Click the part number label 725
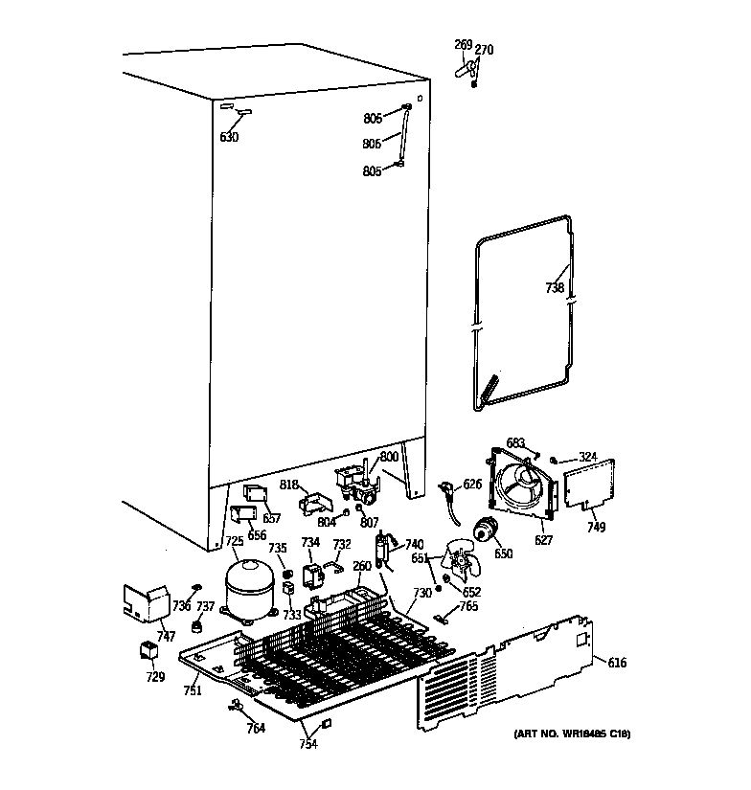tap(235, 542)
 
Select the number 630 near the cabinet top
tap(229, 137)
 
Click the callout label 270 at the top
tap(485, 50)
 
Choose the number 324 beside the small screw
tap(587, 457)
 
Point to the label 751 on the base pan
tap(193, 690)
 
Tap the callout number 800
tap(389, 457)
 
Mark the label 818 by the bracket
tap(289, 485)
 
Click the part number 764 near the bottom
tap(256, 729)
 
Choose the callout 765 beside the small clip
tap(467, 606)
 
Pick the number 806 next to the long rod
tap(372, 144)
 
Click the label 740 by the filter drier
tap(413, 544)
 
